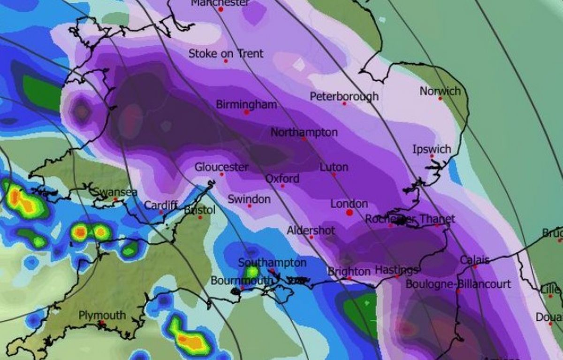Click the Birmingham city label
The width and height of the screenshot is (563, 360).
(x=246, y=104)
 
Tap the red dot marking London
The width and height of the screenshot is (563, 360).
(x=349, y=213)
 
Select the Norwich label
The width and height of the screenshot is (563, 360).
(x=440, y=91)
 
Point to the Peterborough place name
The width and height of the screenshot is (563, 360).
(x=344, y=96)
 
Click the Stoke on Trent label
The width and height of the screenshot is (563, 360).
(x=226, y=54)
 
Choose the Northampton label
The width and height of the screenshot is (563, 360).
(x=304, y=132)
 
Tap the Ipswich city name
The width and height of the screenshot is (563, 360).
(x=432, y=149)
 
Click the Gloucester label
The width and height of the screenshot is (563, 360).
(x=221, y=167)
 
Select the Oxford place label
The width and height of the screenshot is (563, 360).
(x=282, y=179)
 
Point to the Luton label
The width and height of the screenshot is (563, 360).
(x=334, y=167)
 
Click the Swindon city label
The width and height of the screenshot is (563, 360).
(x=249, y=199)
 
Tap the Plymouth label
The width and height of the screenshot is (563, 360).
(x=102, y=315)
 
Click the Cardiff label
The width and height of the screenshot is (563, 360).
(x=160, y=205)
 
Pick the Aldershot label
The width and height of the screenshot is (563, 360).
(x=311, y=230)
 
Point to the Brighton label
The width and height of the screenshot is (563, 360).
(x=349, y=271)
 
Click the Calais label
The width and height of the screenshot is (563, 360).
(x=474, y=260)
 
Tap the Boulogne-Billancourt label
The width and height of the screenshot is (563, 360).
(x=458, y=284)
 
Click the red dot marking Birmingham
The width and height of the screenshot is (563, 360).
(x=246, y=112)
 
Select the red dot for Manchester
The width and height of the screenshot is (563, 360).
(x=221, y=9)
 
